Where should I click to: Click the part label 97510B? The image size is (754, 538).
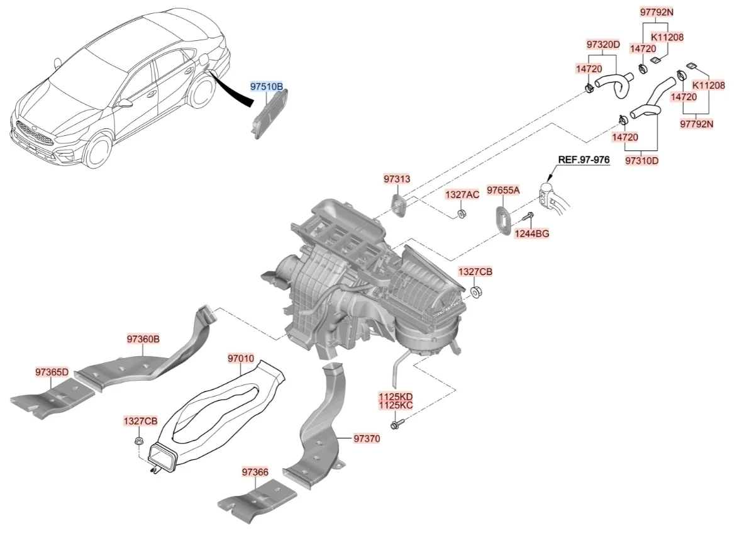coord(267,87)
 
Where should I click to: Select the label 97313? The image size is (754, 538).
coord(397,179)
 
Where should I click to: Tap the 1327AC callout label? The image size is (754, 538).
coord(462,194)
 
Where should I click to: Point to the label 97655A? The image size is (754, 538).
coord(504,190)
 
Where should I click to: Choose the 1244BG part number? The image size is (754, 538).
coord(532,234)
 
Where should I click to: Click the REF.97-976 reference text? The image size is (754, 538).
coord(584,160)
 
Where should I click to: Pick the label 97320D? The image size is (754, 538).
coord(603,45)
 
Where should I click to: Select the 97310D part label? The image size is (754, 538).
coord(642,160)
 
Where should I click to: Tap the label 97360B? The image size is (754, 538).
coord(143,339)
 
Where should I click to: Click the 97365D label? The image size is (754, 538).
coord(52,372)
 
